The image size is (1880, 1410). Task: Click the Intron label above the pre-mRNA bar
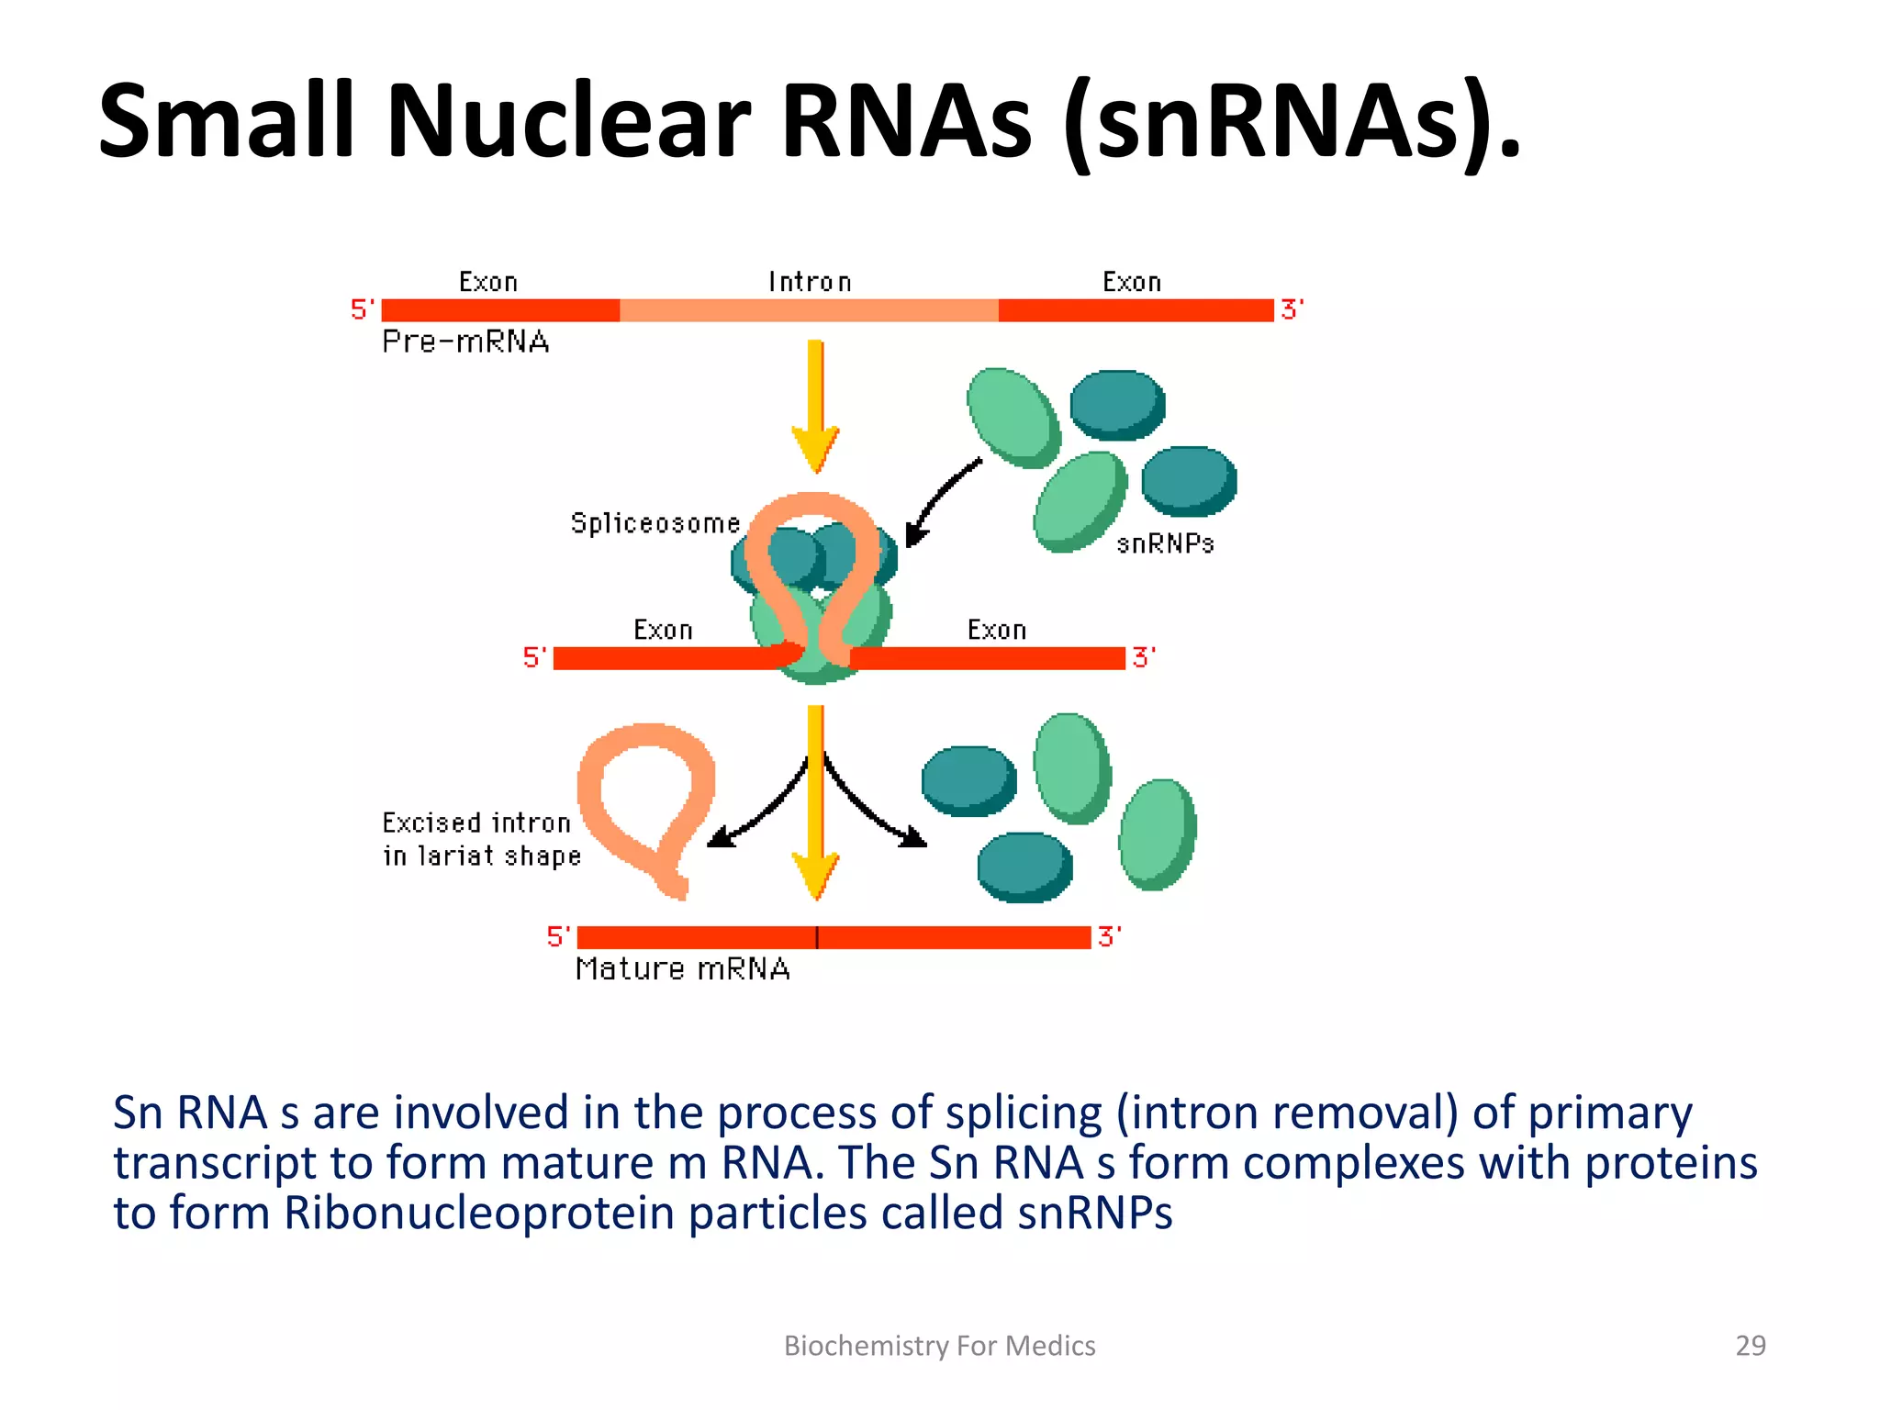(x=810, y=282)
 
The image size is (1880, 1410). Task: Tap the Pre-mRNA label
(x=465, y=341)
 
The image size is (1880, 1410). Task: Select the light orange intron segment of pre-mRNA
(x=808, y=310)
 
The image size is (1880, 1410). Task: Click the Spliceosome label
(x=655, y=523)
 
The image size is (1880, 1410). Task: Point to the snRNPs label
(x=1165, y=544)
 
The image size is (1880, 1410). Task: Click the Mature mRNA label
(x=682, y=969)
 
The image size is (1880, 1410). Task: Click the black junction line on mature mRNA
(x=816, y=937)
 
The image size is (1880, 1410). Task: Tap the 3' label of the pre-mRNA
(x=1292, y=309)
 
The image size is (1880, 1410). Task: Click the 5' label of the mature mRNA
(x=558, y=936)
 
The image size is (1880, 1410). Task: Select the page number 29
(x=1750, y=1346)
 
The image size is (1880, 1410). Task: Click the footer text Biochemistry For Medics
(x=939, y=1346)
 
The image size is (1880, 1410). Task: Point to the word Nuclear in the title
(x=568, y=122)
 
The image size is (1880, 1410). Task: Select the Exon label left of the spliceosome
(x=663, y=630)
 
